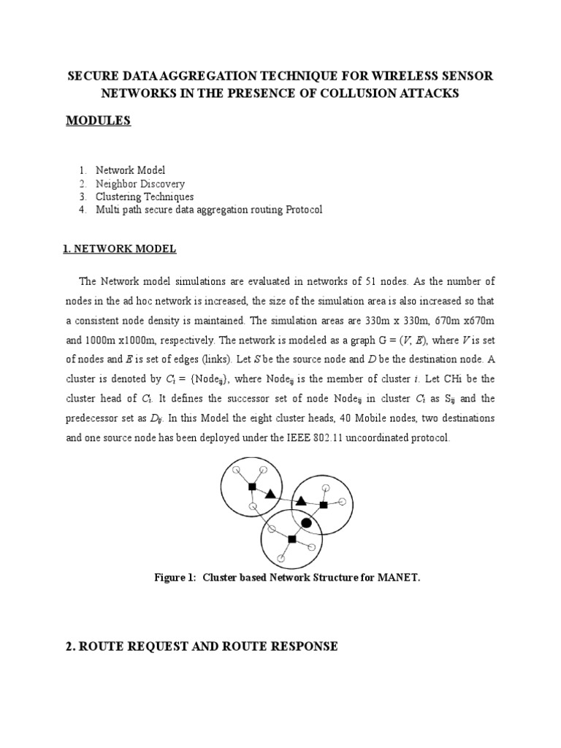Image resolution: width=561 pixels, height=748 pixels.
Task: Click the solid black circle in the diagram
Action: click(x=307, y=523)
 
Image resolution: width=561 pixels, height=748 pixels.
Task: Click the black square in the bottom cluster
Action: click(x=291, y=539)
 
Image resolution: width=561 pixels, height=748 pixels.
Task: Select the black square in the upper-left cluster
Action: click(x=251, y=486)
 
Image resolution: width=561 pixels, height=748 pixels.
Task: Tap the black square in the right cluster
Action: click(x=324, y=505)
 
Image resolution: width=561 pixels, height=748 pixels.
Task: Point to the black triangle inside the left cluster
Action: click(x=270, y=495)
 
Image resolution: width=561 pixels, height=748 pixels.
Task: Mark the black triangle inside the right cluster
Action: click(x=300, y=501)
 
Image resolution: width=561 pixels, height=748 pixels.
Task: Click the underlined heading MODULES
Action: click(x=98, y=121)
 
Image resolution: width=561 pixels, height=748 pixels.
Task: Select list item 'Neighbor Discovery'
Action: click(x=140, y=183)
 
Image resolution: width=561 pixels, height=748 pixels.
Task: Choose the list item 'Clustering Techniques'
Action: click(x=145, y=196)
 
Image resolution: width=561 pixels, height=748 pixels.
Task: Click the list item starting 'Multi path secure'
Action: click(x=209, y=210)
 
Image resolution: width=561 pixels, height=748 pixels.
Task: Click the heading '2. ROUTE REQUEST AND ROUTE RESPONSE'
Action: click(x=202, y=646)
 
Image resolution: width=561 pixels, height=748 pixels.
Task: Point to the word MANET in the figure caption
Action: click(x=399, y=577)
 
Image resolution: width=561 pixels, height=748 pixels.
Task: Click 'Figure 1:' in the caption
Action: click(x=175, y=577)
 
